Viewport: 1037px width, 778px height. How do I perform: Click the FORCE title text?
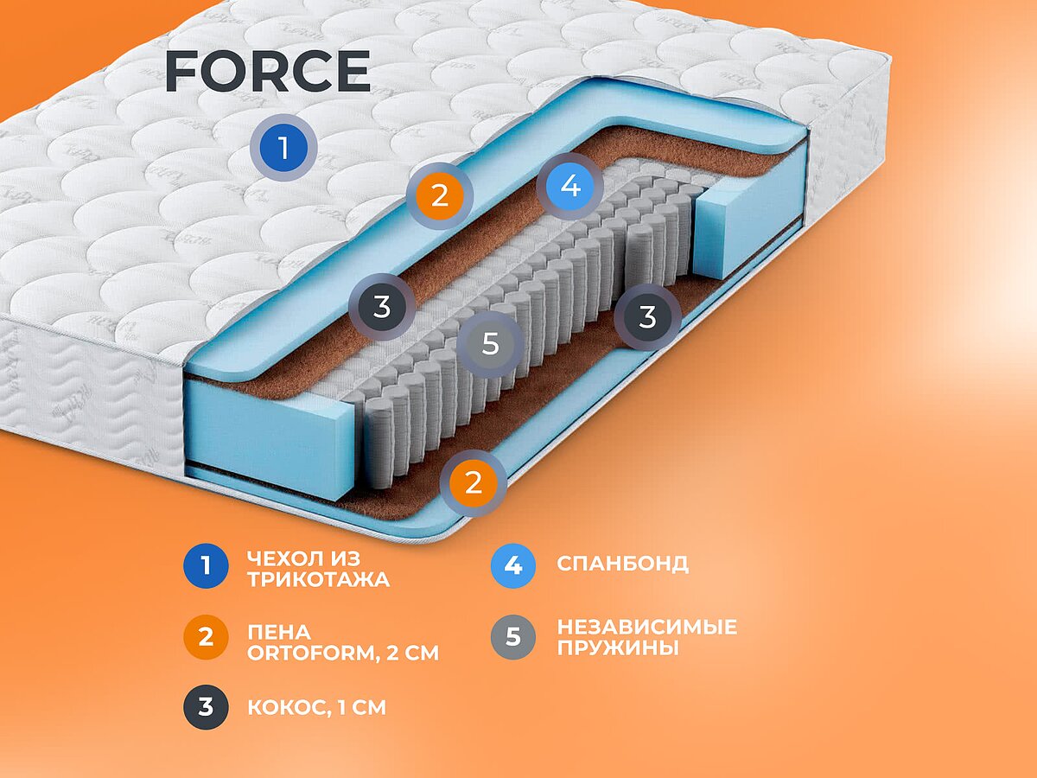pyautogui.click(x=267, y=71)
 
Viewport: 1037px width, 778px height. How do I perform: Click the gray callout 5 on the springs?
pyautogui.click(x=490, y=343)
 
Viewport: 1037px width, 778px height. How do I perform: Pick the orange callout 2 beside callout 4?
pyautogui.click(x=440, y=196)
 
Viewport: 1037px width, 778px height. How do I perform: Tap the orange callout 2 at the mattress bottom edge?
pyautogui.click(x=473, y=482)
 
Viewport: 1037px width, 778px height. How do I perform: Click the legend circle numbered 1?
pyautogui.click(x=206, y=566)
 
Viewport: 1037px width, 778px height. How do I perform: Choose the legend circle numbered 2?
pyautogui.click(x=206, y=639)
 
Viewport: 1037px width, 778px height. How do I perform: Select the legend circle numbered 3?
pyautogui.click(x=206, y=707)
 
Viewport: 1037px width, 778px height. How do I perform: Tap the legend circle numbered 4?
pyautogui.click(x=513, y=565)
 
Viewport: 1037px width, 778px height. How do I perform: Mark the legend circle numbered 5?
pyautogui.click(x=513, y=638)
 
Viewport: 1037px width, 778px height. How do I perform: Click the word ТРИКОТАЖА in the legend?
pyautogui.click(x=318, y=580)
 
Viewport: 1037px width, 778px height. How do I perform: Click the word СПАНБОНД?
pyautogui.click(x=622, y=564)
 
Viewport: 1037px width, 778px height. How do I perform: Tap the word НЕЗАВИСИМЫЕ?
pyautogui.click(x=646, y=627)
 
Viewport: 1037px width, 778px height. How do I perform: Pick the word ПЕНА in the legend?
pyautogui.click(x=278, y=632)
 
